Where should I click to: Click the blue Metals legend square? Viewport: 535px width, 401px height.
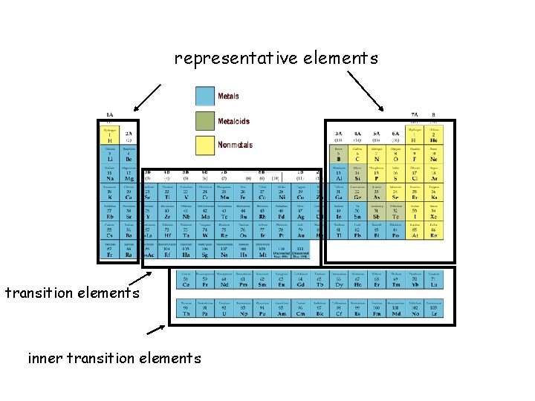click(x=205, y=97)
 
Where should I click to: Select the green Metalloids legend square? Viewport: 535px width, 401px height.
click(x=205, y=121)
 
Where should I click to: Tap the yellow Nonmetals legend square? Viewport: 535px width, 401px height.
click(x=205, y=145)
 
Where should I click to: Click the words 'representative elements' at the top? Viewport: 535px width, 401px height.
click(x=276, y=58)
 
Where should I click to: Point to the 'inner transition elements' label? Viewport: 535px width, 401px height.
click(x=114, y=358)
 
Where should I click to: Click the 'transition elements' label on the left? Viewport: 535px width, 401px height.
click(x=72, y=293)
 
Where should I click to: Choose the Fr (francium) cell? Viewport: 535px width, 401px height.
click(x=109, y=250)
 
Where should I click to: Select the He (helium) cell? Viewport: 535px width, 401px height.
click(x=433, y=136)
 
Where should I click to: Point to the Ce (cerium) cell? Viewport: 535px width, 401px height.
click(x=185, y=280)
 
